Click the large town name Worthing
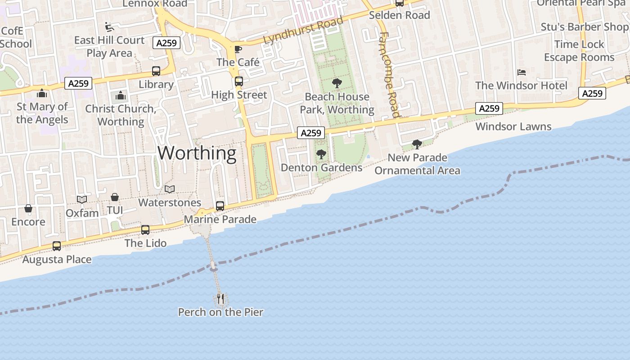click(197, 153)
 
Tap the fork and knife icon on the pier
click(220, 298)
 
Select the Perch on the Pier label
click(220, 312)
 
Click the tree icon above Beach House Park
click(337, 83)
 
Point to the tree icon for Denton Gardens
click(321, 154)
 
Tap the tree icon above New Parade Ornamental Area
click(417, 144)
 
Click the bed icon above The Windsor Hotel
click(522, 72)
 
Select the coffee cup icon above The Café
click(238, 49)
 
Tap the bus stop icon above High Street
click(239, 81)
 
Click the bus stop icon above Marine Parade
click(220, 206)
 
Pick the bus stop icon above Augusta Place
click(57, 246)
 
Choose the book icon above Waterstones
click(169, 189)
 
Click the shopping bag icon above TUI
click(115, 198)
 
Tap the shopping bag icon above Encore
click(28, 208)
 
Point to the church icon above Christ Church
click(120, 95)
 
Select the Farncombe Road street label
click(388, 75)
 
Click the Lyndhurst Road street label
click(303, 30)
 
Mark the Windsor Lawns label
click(513, 126)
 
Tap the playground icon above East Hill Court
click(109, 27)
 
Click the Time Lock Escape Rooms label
click(579, 51)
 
